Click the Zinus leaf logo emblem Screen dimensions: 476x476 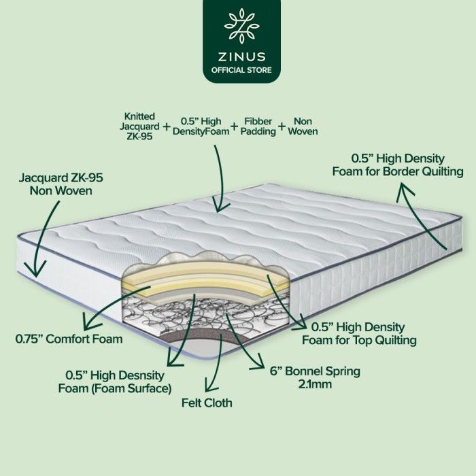pyautogui.click(x=241, y=27)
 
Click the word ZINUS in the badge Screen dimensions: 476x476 pyautogui.click(x=241, y=56)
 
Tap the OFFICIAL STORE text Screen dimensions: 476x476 pyautogui.click(x=241, y=70)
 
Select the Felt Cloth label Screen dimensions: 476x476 pyautogui.click(x=207, y=403)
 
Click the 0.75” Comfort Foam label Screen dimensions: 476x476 pyautogui.click(x=69, y=339)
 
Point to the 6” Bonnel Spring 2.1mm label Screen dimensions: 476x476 pyautogui.click(x=315, y=377)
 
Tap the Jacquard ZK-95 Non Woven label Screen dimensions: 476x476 pyautogui.click(x=61, y=184)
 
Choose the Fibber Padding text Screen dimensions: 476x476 pyautogui.click(x=258, y=126)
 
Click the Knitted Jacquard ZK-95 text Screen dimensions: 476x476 pyautogui.click(x=139, y=126)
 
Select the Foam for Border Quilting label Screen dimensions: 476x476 pyautogui.click(x=398, y=171)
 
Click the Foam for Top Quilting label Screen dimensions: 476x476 pyautogui.click(x=359, y=340)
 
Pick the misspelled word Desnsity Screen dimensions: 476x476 pyautogui.click(x=141, y=375)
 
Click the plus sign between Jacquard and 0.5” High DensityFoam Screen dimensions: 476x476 pyautogui.click(x=167, y=126)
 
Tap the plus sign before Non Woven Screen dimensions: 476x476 pyautogui.click(x=282, y=126)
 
